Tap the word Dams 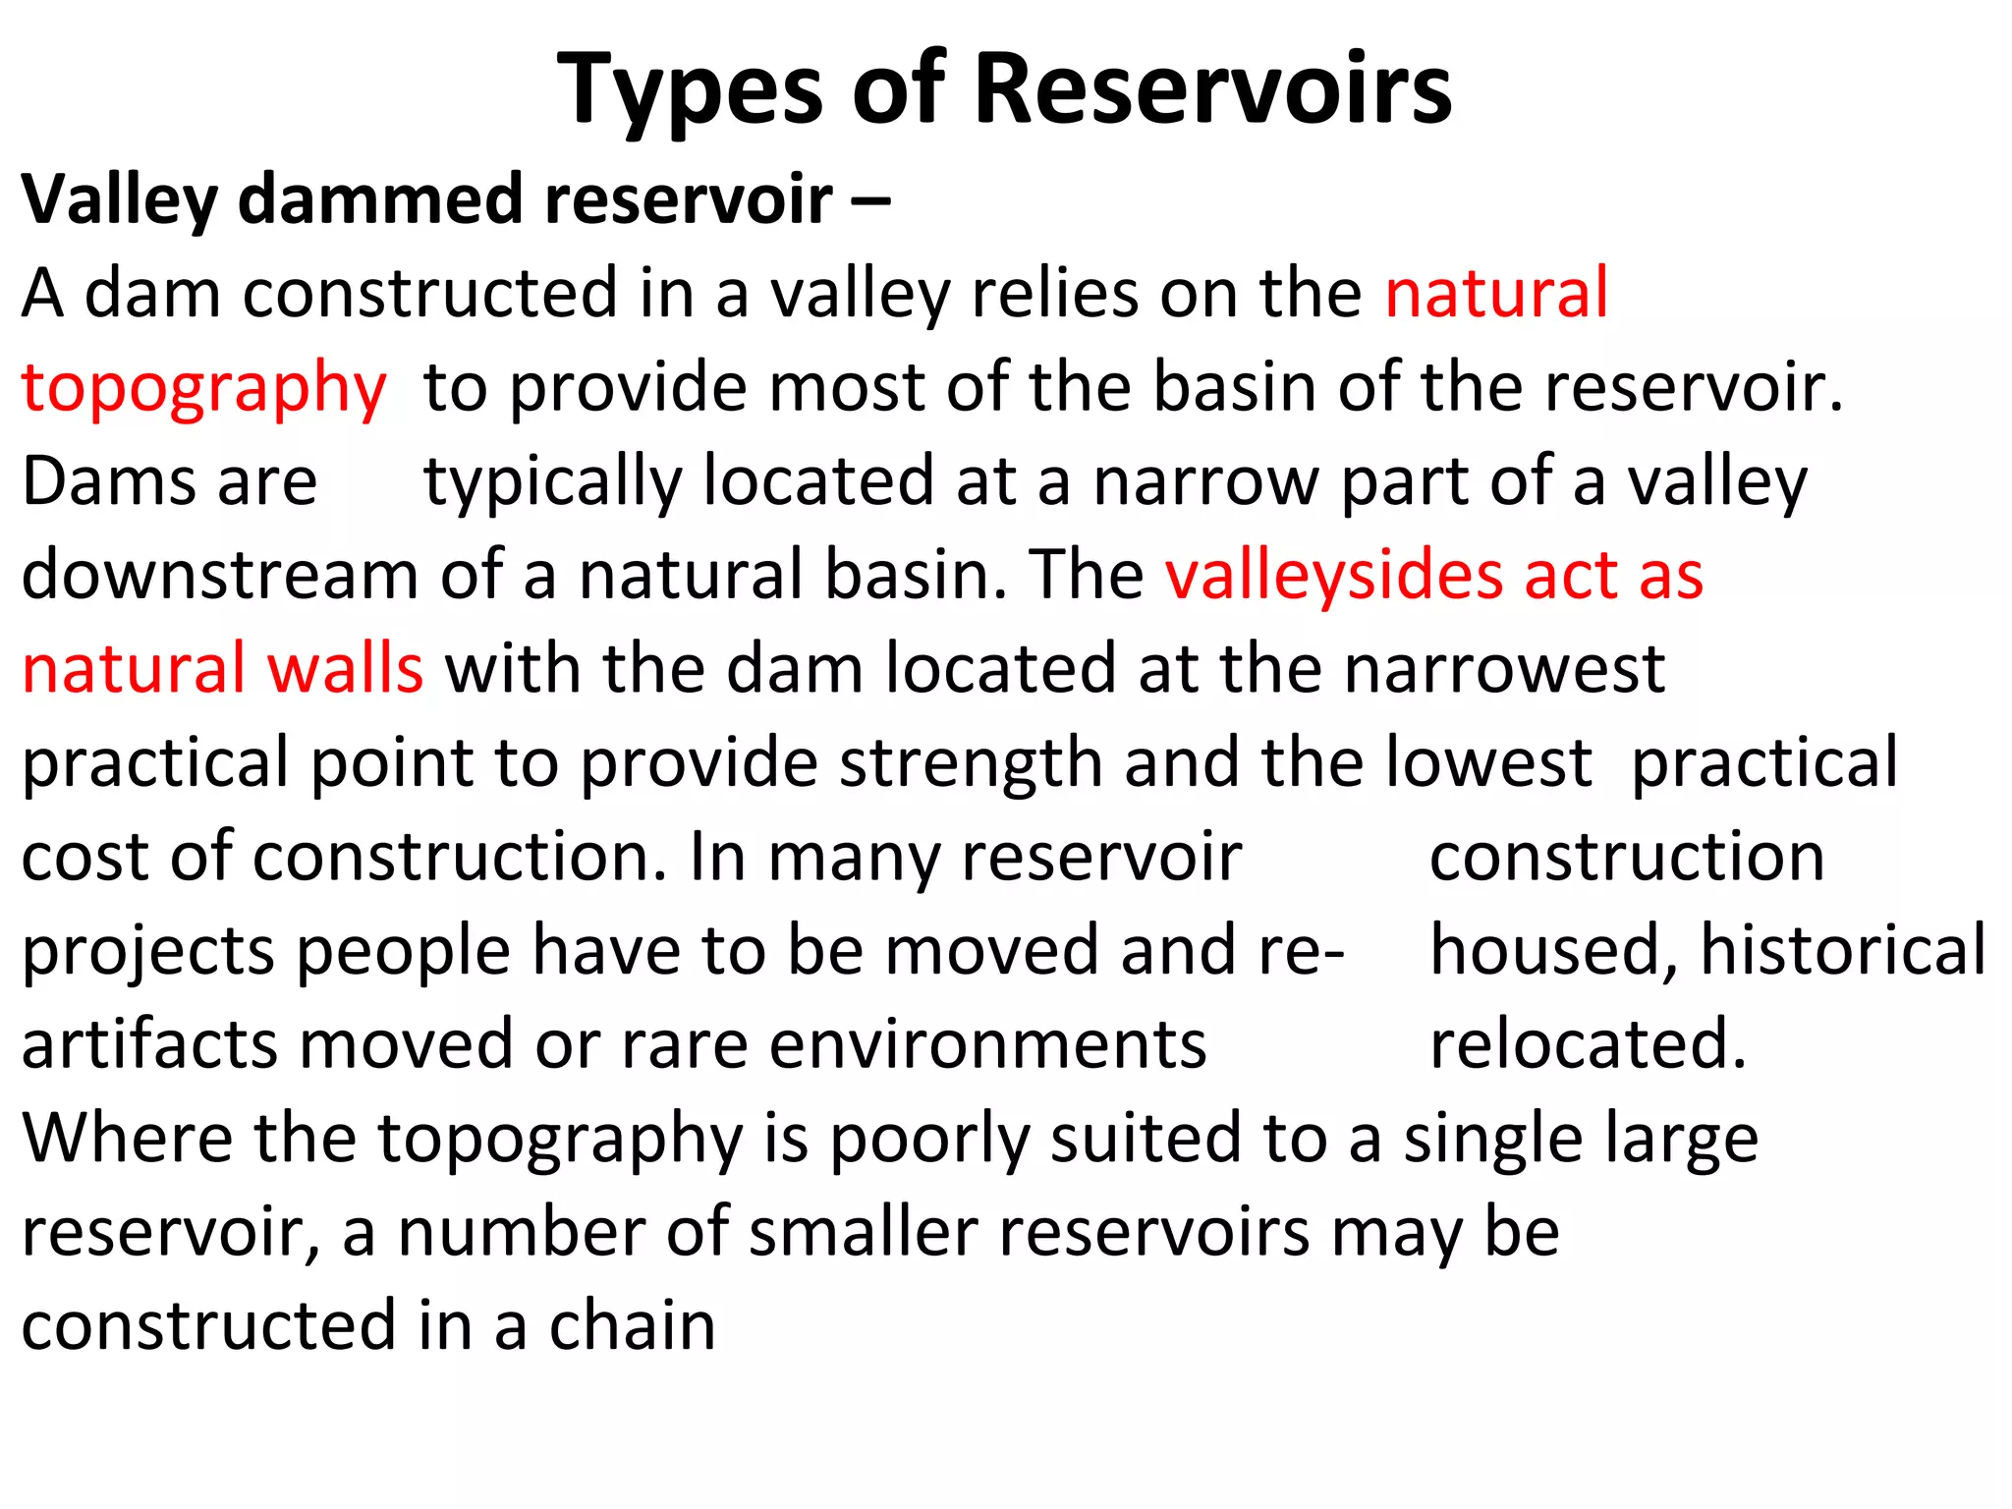tap(109, 482)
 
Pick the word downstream tap(219, 576)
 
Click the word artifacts tap(150, 1044)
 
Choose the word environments tap(987, 1044)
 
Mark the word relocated tap(1588, 1044)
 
